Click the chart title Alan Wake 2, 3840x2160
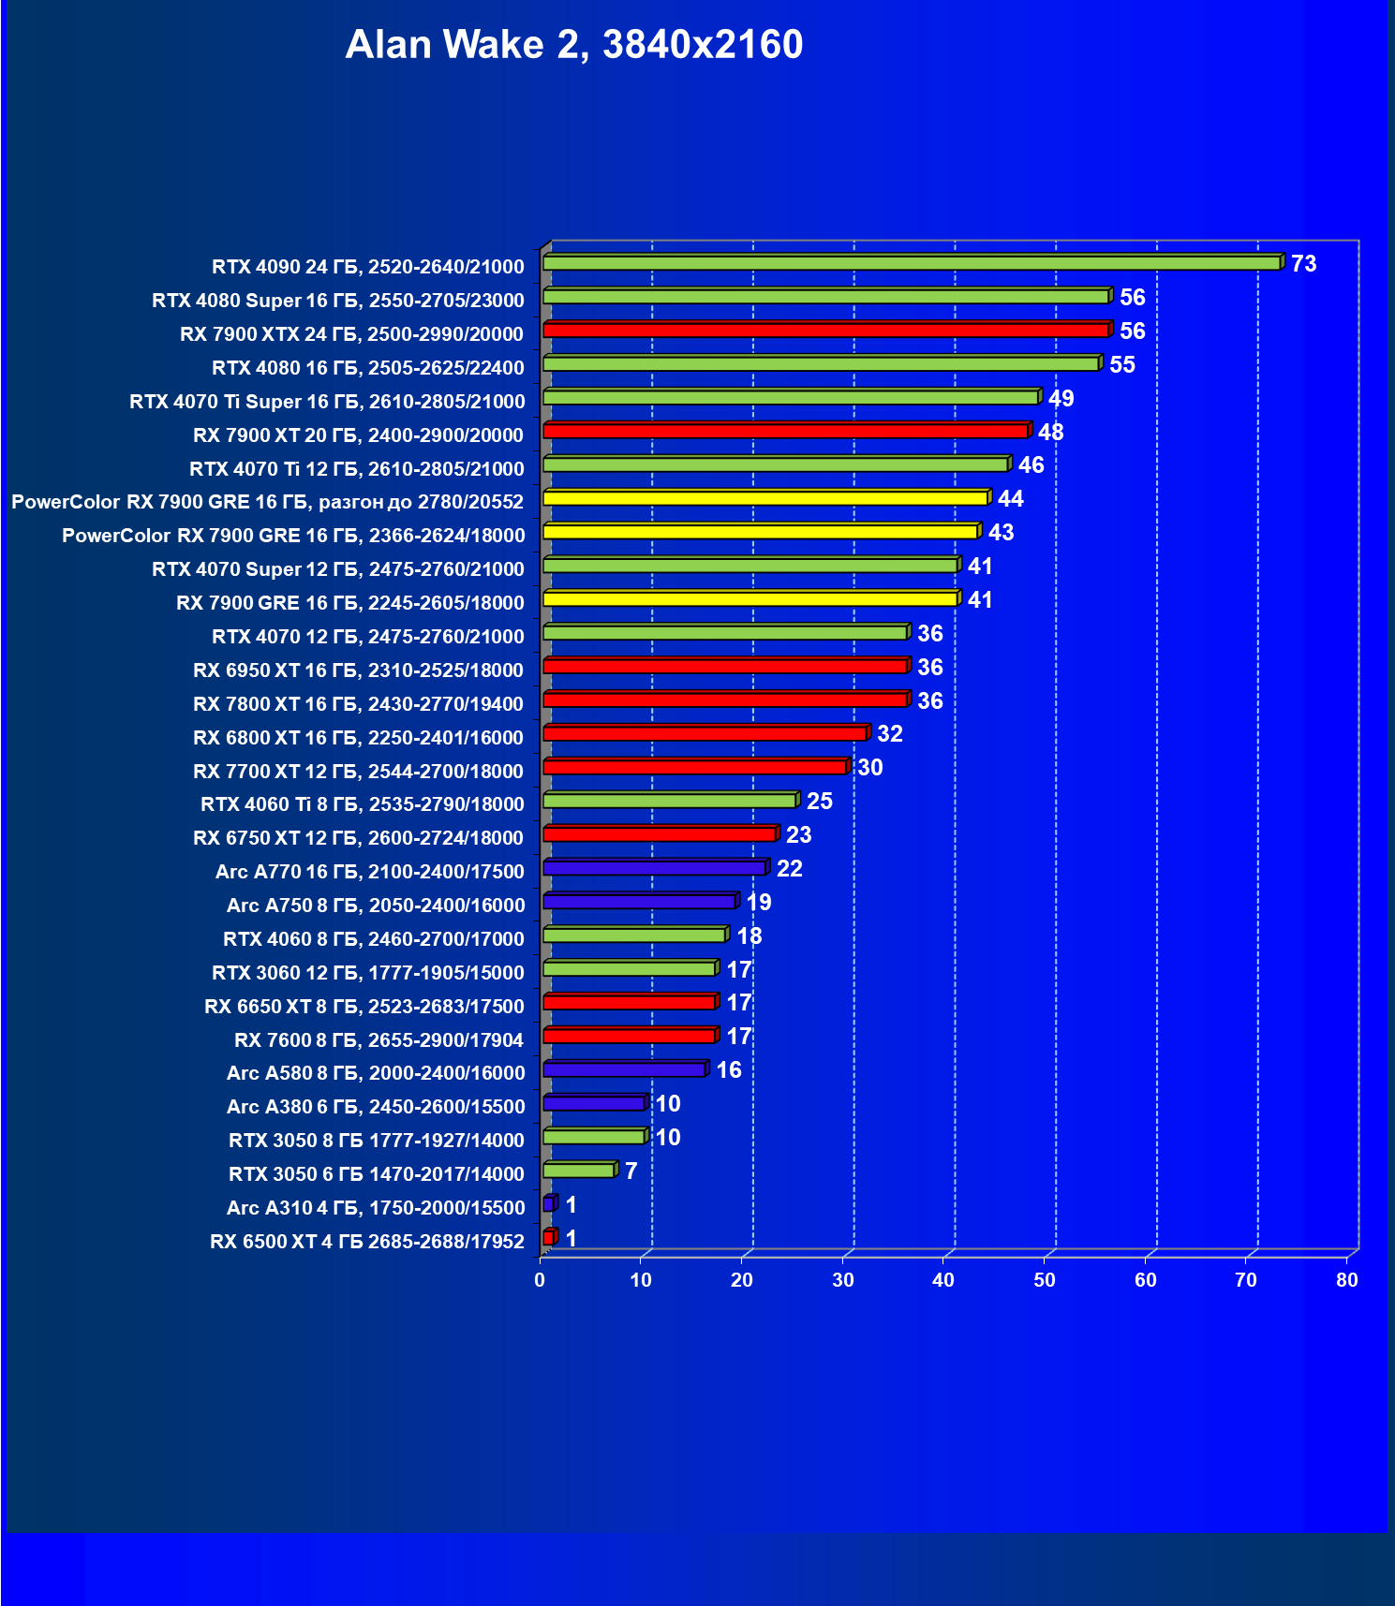[x=573, y=45]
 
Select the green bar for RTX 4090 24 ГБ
[x=911, y=263]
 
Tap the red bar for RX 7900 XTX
[x=824, y=331]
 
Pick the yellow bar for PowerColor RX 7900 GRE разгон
[x=764, y=498]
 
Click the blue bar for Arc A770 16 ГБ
[x=654, y=869]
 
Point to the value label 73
[x=1303, y=264]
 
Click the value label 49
[x=1061, y=398]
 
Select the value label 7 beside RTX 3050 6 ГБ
[x=631, y=1171]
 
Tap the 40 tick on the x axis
[x=943, y=1280]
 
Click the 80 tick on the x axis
[x=1346, y=1280]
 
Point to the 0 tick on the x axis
[x=540, y=1280]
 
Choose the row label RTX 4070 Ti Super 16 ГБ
[x=327, y=402]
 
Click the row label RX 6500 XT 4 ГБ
[x=367, y=1242]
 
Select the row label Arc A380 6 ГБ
[x=376, y=1107]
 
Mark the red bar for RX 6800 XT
[x=705, y=733]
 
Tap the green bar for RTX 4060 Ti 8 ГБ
[x=669, y=801]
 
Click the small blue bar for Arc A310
[x=549, y=1204]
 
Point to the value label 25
[x=819, y=802]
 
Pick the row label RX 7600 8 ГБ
[x=378, y=1039]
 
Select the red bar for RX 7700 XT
[x=694, y=767]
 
